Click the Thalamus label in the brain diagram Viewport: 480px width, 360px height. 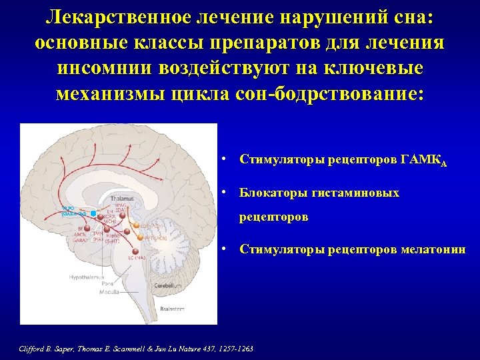pyautogui.click(x=122, y=199)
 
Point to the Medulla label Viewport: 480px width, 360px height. pyautogui.click(x=109, y=292)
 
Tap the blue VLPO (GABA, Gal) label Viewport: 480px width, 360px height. pyautogui.click(x=73, y=212)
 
